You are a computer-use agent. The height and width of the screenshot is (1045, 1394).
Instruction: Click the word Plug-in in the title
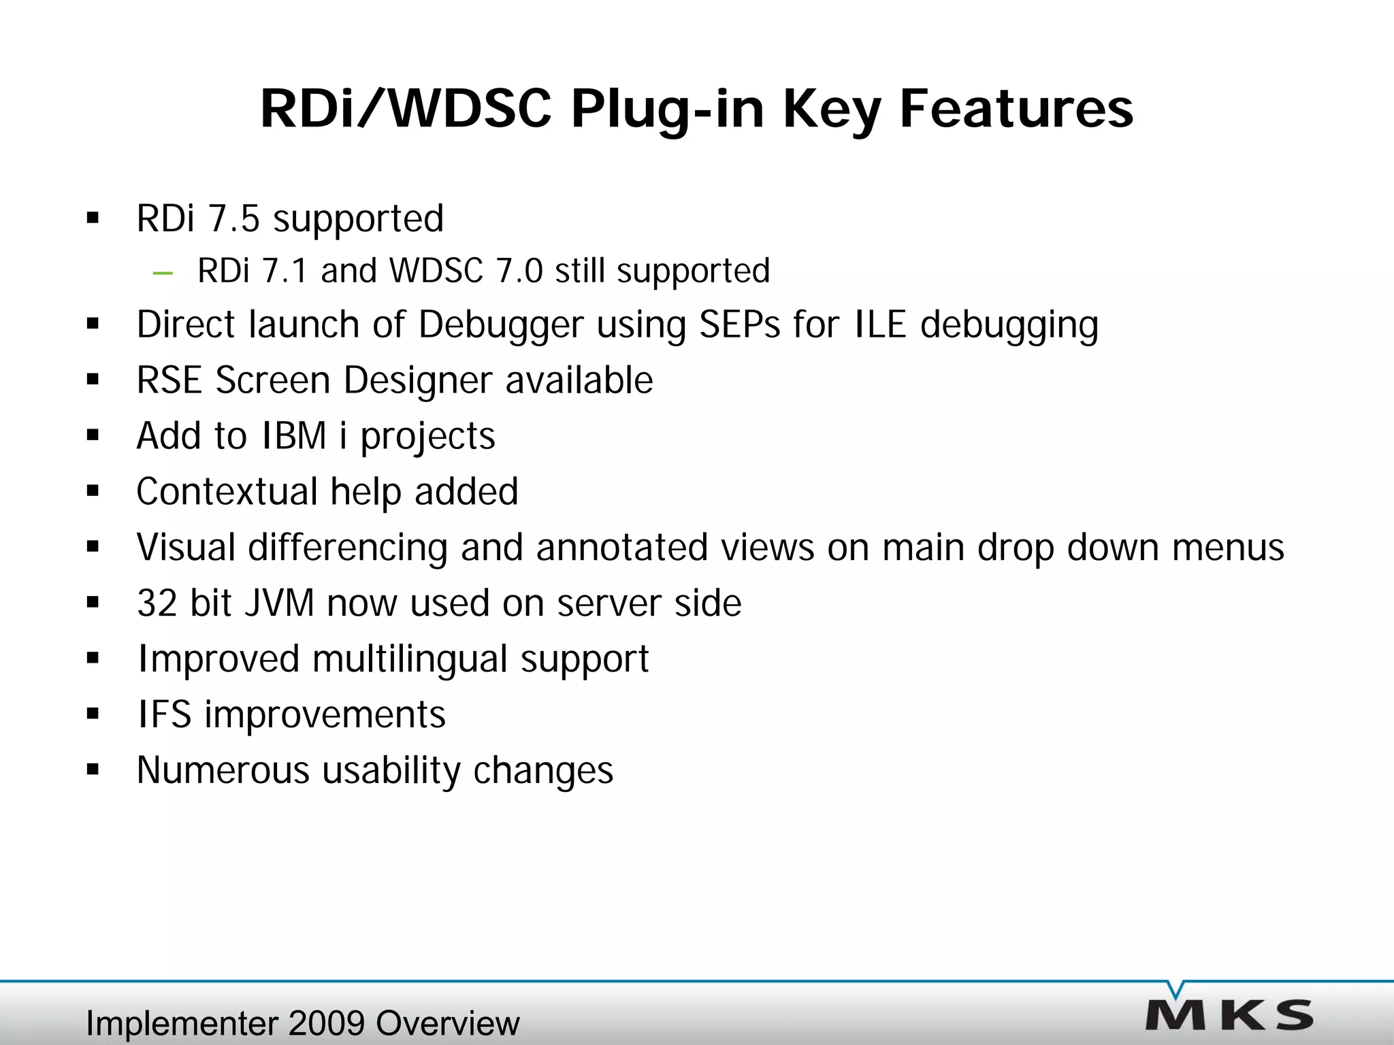click(x=667, y=110)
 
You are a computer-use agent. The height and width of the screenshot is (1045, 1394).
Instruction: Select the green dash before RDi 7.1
click(x=163, y=273)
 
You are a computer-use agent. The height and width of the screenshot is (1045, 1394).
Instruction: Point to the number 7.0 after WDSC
click(x=519, y=271)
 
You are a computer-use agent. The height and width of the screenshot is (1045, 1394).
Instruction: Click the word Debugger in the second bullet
click(x=501, y=325)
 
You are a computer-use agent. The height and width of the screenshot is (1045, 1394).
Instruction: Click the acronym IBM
click(x=294, y=436)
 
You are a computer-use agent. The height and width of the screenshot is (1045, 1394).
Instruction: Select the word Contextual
click(x=227, y=491)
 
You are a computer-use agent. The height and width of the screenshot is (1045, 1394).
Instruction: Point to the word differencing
click(x=347, y=548)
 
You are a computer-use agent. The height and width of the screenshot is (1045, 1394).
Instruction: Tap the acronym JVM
click(x=279, y=603)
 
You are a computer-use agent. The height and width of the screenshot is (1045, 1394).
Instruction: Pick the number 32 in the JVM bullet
click(x=157, y=603)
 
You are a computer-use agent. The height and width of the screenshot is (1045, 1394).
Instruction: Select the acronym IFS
click(x=164, y=715)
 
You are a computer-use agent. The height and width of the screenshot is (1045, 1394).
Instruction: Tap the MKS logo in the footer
click(x=1229, y=1014)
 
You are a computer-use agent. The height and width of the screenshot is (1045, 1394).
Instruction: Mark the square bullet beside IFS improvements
click(x=93, y=715)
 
